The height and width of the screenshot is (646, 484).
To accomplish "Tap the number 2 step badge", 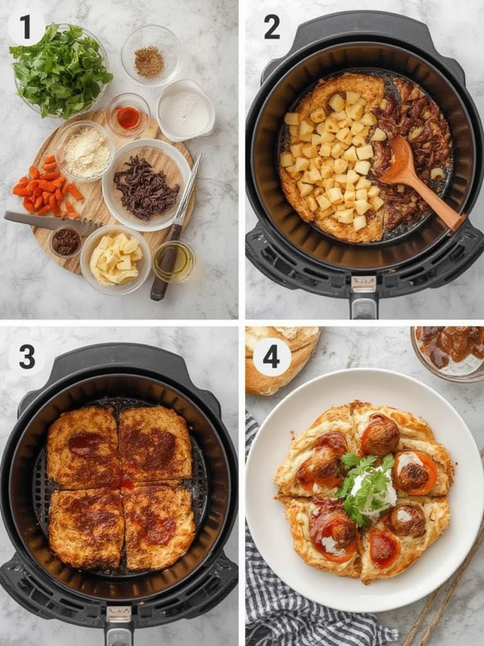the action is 272,28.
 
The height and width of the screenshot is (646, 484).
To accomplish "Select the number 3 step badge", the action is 26,357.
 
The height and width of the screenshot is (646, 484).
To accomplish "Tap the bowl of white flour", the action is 186,111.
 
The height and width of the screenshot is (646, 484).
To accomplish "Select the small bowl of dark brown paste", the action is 66,241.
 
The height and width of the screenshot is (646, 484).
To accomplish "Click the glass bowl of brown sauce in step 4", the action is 447,352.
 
